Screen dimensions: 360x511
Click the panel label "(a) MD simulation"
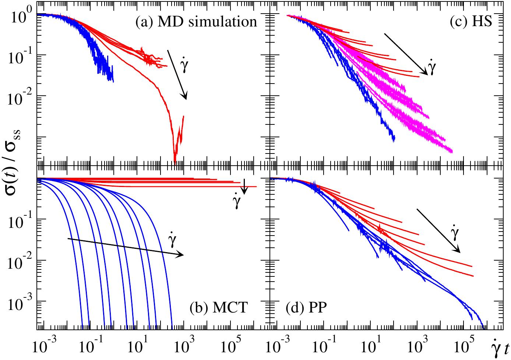point(196,22)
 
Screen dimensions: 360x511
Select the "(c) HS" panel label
point(471,22)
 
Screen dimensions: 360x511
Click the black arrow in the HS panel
point(406,54)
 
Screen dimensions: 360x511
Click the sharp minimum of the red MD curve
point(175,159)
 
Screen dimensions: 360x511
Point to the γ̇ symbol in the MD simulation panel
point(185,66)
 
